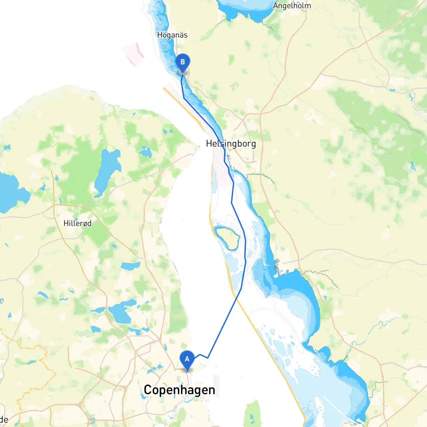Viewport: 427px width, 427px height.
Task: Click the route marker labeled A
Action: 187,360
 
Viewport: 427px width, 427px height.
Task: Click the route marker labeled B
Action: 182,62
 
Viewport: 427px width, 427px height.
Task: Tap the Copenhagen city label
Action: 179,390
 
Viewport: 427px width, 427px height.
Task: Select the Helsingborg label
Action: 231,144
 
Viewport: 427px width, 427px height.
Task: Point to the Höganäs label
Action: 172,35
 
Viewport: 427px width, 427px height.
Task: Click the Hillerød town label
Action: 77,223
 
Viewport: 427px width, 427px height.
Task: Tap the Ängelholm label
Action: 292,6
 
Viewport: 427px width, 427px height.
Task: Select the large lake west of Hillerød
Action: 10,193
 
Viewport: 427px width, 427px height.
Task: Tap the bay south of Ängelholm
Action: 245,8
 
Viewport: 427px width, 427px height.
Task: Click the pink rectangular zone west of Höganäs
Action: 133,53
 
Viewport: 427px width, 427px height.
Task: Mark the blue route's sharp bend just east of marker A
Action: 208,358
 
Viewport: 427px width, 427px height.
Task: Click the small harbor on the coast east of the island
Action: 276,265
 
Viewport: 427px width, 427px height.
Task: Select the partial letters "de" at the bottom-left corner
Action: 4,419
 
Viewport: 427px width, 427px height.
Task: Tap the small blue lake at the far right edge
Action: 413,166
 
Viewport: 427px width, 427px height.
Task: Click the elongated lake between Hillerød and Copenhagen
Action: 130,266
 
